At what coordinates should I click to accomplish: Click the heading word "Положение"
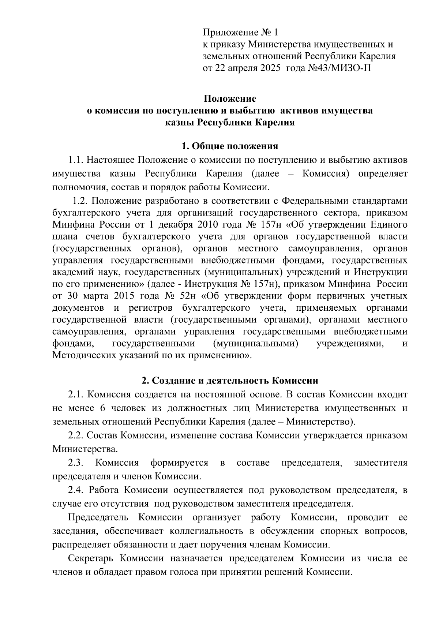[x=230, y=99]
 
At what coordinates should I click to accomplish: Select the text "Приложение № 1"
[x=240, y=33]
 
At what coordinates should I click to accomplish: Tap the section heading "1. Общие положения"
[x=230, y=146]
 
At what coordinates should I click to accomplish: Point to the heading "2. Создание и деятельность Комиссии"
[x=230, y=381]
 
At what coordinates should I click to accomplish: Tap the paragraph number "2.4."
[x=76, y=490]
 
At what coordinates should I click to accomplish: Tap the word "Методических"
[x=83, y=355]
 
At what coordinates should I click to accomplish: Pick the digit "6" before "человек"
[x=102, y=408]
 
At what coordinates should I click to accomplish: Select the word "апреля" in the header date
[x=244, y=68]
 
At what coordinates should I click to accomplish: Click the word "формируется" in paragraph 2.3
[x=179, y=463]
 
